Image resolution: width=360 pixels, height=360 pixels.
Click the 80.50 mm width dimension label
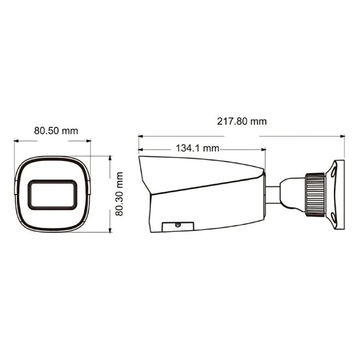pos(56,131)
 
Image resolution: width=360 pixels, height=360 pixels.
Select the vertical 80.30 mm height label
pos(119,194)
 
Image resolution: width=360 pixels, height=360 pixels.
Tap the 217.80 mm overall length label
pos(242,121)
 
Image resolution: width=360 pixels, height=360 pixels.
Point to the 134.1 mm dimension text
pos(198,148)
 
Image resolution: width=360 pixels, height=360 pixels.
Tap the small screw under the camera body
pos(177,224)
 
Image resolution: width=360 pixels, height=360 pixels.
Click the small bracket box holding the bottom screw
pos(177,226)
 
